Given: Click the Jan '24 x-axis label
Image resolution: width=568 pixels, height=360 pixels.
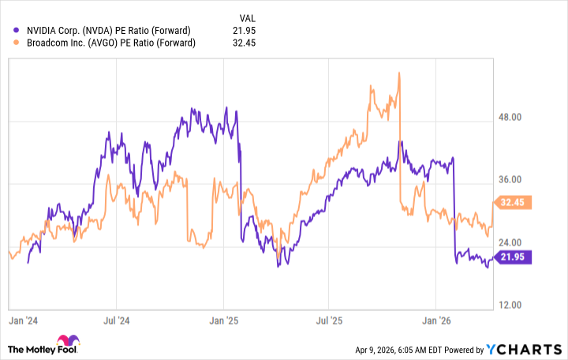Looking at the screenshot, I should click(x=21, y=321).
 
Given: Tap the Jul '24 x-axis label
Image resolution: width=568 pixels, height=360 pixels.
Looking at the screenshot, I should click(x=116, y=321).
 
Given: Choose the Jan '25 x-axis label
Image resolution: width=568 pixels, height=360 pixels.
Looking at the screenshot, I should click(x=223, y=321).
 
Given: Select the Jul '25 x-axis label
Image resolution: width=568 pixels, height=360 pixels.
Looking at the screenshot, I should click(x=329, y=321).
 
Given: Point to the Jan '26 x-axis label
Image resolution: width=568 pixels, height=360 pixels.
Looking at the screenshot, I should click(x=436, y=321).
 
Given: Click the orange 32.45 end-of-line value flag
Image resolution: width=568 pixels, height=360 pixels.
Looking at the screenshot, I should click(x=512, y=202).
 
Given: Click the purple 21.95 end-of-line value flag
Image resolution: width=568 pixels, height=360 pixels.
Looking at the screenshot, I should click(x=512, y=257).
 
